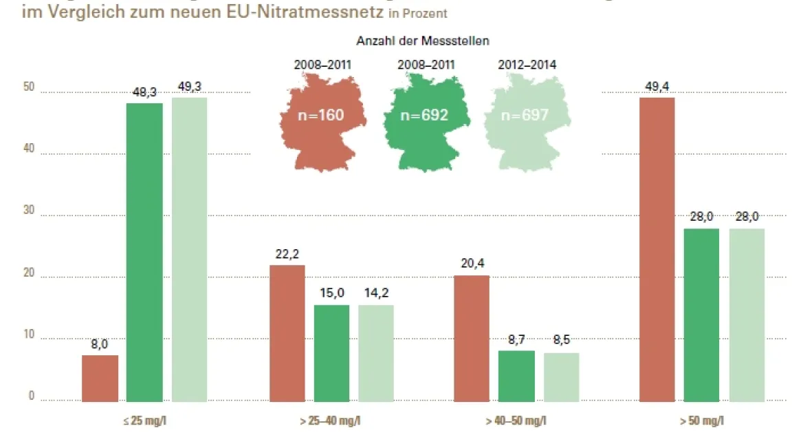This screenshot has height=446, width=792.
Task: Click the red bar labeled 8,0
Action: [100, 378]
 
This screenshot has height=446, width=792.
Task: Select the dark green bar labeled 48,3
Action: [144, 252]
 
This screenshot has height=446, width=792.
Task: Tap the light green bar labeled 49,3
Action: [189, 249]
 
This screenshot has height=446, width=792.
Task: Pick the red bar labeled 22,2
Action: [287, 333]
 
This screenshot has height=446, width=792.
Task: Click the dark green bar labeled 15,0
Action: [331, 353]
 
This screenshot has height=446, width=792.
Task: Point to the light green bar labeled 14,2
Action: [376, 353]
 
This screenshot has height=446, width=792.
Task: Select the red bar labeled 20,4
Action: [472, 338]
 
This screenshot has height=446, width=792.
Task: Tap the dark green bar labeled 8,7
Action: [516, 376]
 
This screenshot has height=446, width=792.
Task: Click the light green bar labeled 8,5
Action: [561, 376]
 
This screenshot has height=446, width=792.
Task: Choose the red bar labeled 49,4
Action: [657, 249]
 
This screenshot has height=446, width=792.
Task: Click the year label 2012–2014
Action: [527, 65]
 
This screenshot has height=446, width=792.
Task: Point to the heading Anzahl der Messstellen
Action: [423, 41]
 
